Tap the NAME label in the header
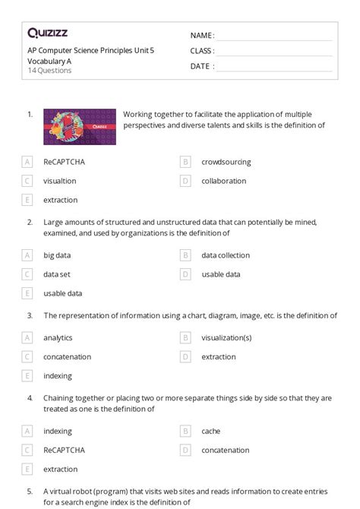[x=201, y=36]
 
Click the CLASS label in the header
[x=202, y=51]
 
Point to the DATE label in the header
[x=201, y=66]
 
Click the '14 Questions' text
[x=49, y=71]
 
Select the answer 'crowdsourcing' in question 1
[x=226, y=162]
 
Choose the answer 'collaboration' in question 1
[x=223, y=181]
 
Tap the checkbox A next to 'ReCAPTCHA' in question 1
[x=28, y=162]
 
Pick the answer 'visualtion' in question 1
[x=60, y=181]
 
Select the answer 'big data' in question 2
[x=57, y=255]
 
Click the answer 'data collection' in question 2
[x=225, y=255]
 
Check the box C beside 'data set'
[x=28, y=274]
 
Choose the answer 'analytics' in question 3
[x=58, y=337]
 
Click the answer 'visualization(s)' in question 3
[x=226, y=337]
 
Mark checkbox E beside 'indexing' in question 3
[x=28, y=375]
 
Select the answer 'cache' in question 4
[x=210, y=431]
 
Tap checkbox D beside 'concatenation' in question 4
[x=185, y=450]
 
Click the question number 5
[x=30, y=491]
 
